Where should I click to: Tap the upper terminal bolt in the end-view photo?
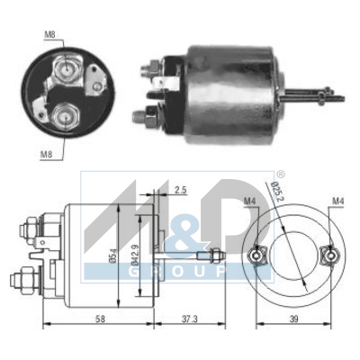pos(66,67)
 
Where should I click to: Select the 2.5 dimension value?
pos(181,191)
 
